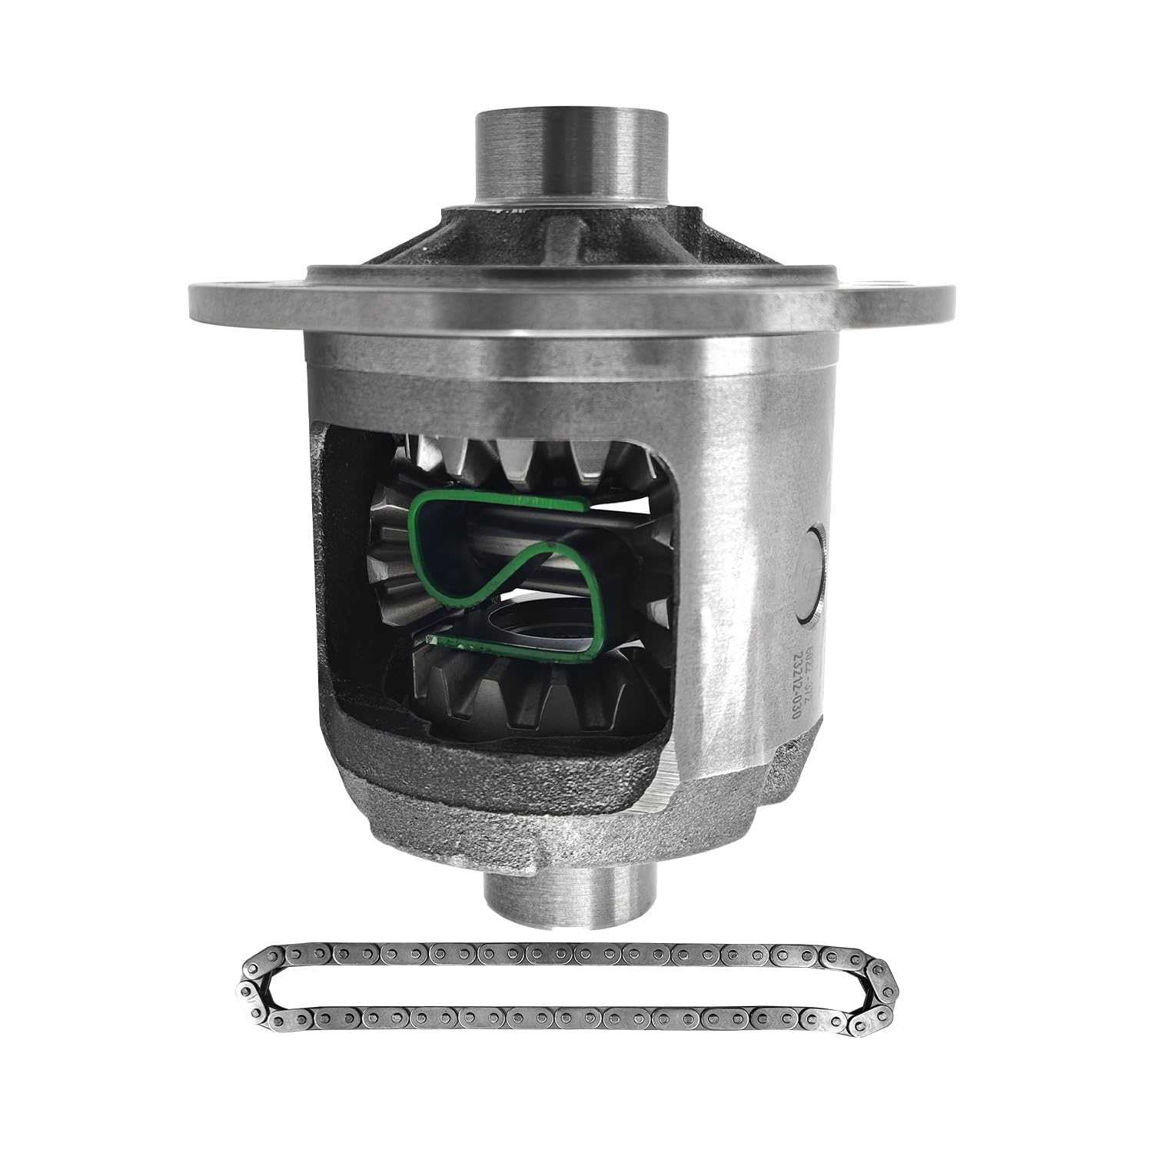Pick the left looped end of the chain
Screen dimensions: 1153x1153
(x=254, y=992)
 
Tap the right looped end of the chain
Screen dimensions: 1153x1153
(x=884, y=992)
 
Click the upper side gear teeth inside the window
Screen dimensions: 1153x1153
(x=530, y=461)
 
